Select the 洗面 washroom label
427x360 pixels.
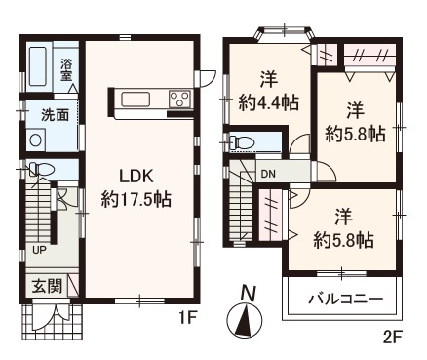click(55, 115)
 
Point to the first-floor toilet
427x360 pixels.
click(40, 169)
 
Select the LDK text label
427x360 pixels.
click(136, 176)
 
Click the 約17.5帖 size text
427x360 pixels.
click(136, 200)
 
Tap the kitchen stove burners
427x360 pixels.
click(179, 98)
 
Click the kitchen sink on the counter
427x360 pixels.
click(133, 98)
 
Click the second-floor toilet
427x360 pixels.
click(241, 143)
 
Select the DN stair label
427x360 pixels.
click(269, 175)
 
